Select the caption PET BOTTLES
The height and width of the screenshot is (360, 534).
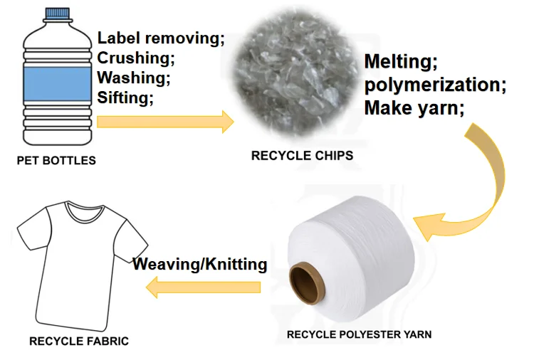(x=56, y=161)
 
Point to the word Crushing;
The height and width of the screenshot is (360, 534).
(x=136, y=58)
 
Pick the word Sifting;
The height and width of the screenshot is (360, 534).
(x=125, y=97)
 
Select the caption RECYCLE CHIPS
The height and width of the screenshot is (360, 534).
(x=302, y=156)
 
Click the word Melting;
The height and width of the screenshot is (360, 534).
(x=397, y=62)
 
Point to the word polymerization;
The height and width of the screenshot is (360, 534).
(x=434, y=85)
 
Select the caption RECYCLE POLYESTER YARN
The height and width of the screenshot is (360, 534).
(x=359, y=334)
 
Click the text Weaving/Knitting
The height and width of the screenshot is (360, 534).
(x=200, y=265)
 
